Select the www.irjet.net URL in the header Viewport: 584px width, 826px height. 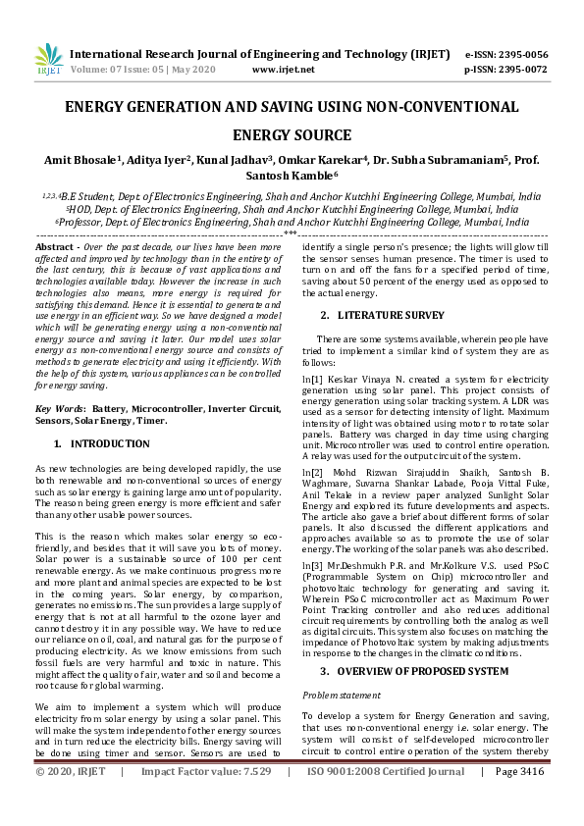283,70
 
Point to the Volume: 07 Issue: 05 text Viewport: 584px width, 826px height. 112,70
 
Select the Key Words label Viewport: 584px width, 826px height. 58,407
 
